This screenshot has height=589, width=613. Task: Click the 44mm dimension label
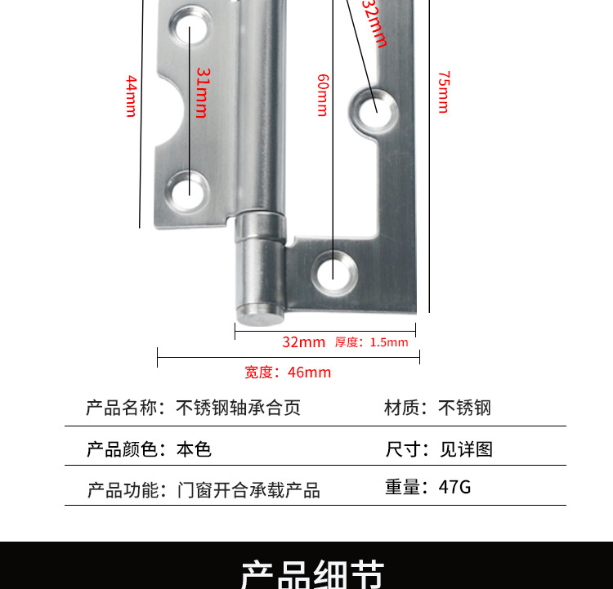pos(131,96)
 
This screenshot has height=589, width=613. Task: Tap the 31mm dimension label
pos(202,92)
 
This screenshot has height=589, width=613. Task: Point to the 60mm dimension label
pos(322,95)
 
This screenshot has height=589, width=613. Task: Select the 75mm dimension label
pos(443,92)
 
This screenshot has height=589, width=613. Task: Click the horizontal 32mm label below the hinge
pos(303,342)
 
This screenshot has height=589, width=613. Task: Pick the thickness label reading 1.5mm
pos(372,342)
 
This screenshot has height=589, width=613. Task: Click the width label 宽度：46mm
pos(288,373)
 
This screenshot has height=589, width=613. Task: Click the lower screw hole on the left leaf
pos(189,188)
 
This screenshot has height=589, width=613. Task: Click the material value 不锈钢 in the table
pos(465,408)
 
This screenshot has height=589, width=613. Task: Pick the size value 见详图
pos(466,449)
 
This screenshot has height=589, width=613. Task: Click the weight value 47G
pos(454,488)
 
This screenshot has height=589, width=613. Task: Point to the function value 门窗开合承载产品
pos(248,490)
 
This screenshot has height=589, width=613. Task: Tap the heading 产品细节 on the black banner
pos(312,573)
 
